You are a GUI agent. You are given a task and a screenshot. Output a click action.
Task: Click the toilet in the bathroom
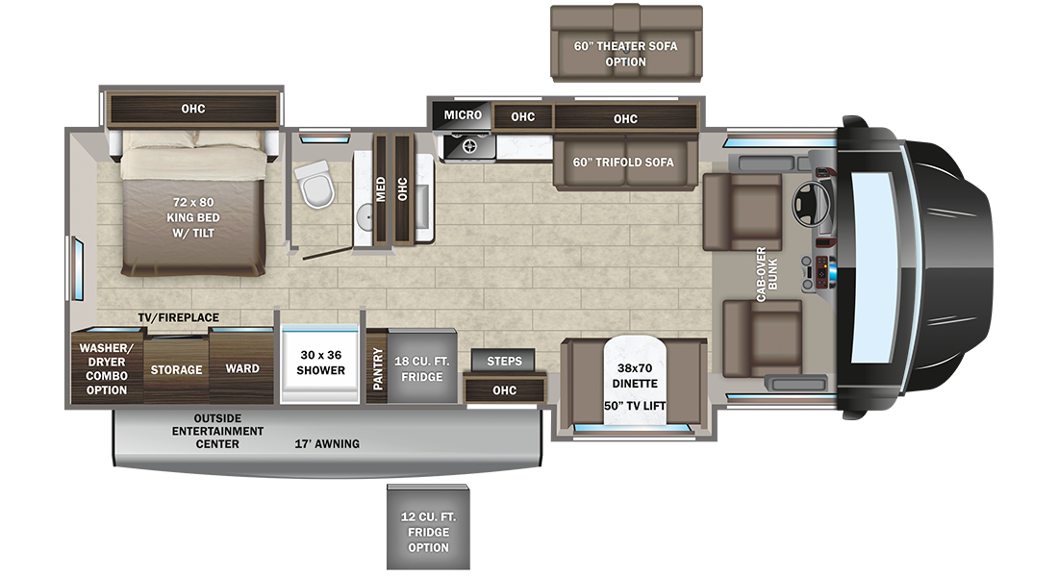(315, 185)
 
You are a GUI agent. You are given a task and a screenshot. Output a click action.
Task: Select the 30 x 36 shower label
(320, 363)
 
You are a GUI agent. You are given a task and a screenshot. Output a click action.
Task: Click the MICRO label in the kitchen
(463, 115)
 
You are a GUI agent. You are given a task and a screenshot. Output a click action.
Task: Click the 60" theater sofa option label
(626, 54)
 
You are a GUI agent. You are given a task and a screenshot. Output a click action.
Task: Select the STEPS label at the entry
(504, 361)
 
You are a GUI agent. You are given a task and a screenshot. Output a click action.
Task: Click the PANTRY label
(377, 367)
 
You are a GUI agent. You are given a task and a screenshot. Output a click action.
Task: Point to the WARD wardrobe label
(242, 368)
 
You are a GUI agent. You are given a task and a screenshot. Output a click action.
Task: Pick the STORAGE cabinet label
(177, 369)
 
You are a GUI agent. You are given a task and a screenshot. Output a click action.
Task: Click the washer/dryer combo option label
(104, 368)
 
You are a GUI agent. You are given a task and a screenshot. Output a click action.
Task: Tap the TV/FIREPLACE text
(178, 317)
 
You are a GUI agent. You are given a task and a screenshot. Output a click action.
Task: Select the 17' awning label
(327, 443)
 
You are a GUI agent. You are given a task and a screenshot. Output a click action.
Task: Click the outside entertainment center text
(217, 431)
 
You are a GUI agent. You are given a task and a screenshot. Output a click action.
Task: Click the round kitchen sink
(470, 147)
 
